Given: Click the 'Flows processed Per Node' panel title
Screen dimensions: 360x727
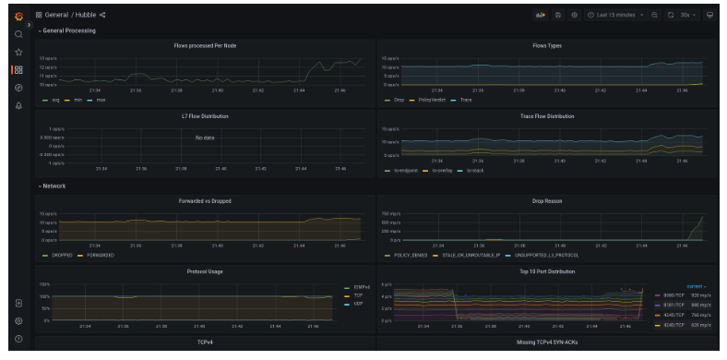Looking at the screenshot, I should pyautogui.click(x=205, y=44).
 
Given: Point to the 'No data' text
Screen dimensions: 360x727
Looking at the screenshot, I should pyautogui.click(x=205, y=137).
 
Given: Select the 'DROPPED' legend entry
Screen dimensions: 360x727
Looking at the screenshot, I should pyautogui.click(x=58, y=254).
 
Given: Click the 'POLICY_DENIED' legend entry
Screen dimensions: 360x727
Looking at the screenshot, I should pyautogui.click(x=406, y=254).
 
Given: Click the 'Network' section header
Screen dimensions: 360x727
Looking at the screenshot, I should pyautogui.click(x=54, y=186).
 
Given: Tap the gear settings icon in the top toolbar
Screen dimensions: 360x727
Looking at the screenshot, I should pyautogui.click(x=573, y=15).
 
